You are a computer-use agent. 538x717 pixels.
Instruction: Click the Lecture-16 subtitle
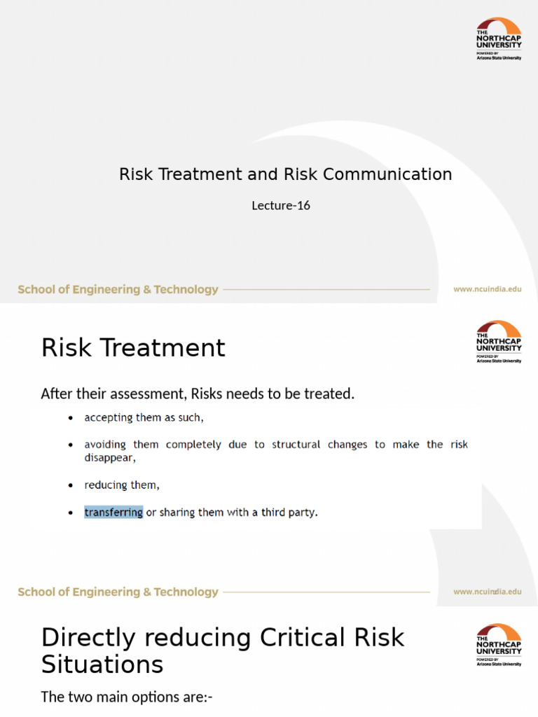tap(280, 206)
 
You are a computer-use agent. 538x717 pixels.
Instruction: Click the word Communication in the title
tap(396, 174)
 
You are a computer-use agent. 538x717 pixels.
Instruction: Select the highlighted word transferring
tap(113, 513)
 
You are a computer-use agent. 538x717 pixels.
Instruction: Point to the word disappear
tap(109, 458)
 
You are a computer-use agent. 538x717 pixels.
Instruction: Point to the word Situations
tap(102, 664)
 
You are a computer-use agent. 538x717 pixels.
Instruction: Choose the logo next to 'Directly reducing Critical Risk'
tap(499, 645)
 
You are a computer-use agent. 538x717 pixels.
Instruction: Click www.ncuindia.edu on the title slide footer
tap(487, 289)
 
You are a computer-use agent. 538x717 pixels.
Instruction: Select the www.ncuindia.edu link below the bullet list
tap(487, 592)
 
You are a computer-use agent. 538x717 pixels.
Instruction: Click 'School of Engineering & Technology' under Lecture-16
tap(118, 289)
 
